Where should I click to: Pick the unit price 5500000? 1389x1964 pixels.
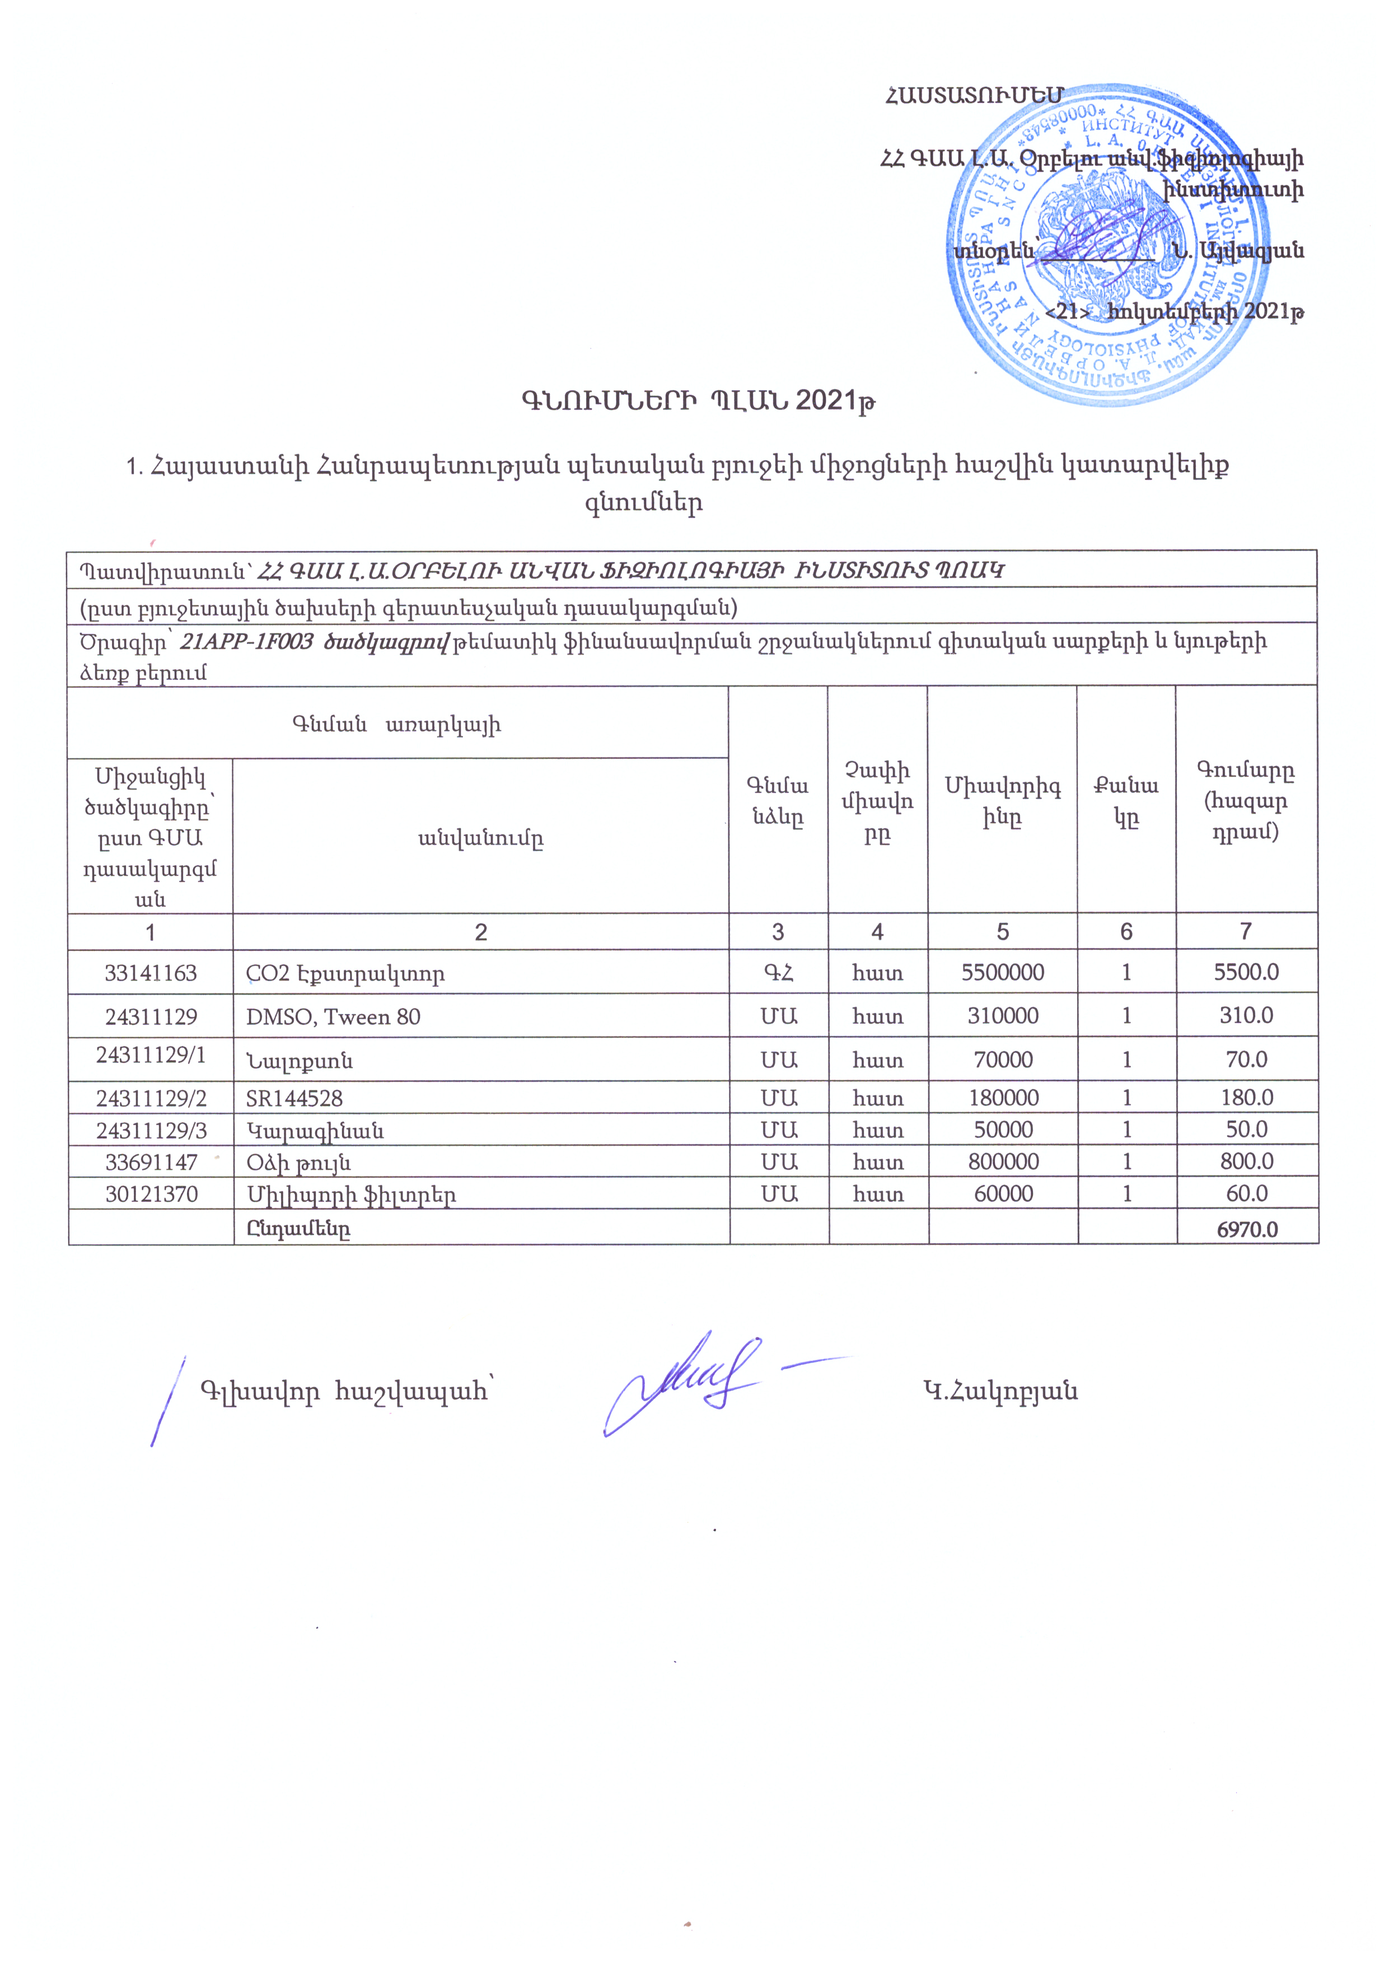tap(1002, 973)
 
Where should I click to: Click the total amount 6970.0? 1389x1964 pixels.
tap(1246, 1229)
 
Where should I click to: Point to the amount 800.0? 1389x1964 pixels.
tap(1246, 1161)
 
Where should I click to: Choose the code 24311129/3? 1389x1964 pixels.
tap(151, 1130)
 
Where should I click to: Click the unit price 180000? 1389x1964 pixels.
tap(1002, 1098)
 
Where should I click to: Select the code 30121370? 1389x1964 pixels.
tap(151, 1194)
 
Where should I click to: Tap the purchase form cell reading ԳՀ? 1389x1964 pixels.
tap(778, 973)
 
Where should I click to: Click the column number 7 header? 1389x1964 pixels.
tap(1245, 931)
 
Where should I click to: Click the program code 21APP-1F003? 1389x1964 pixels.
tap(246, 642)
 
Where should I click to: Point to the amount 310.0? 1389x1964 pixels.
tap(1246, 1016)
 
